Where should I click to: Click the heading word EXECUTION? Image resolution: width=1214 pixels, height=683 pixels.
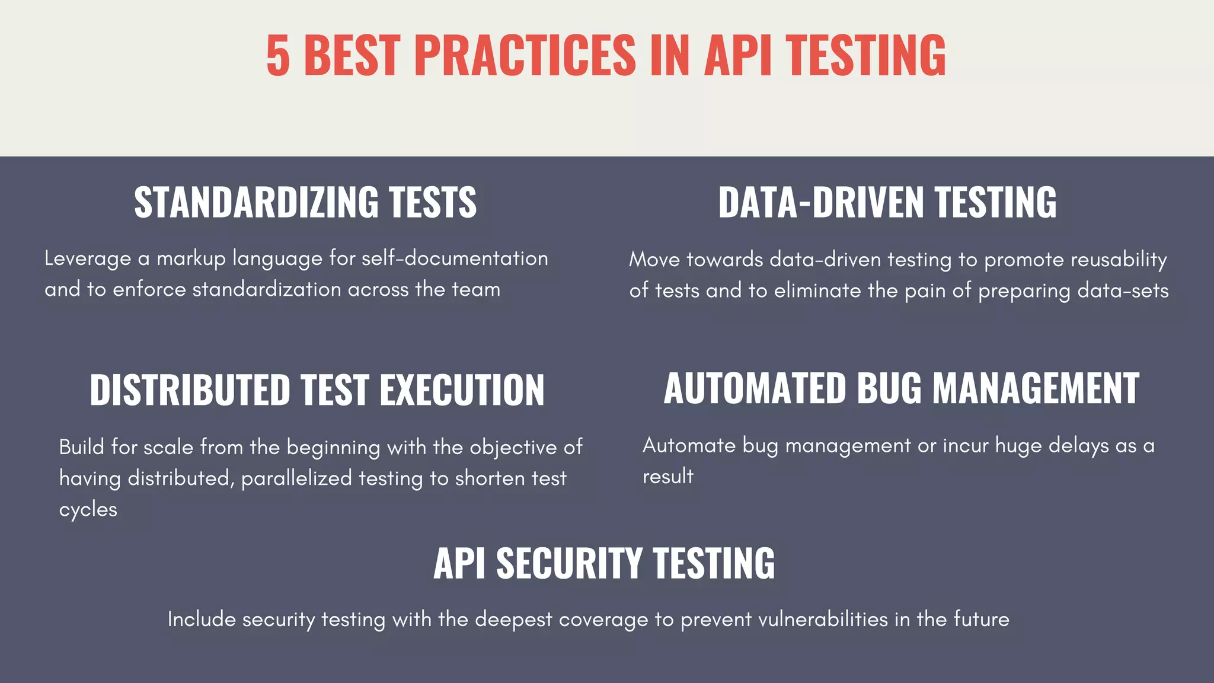462,390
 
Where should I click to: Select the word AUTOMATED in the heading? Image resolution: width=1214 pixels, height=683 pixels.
755,389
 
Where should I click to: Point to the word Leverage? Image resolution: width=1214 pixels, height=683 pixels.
88,259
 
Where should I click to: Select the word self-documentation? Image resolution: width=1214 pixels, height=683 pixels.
455,258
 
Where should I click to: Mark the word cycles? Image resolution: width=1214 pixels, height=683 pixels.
88,510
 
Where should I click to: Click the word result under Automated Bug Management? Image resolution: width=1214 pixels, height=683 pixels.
668,477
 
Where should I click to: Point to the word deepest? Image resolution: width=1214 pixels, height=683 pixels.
513,620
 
